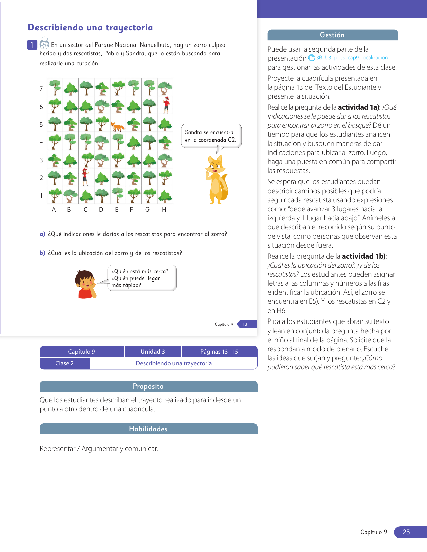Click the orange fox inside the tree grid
(118, 127)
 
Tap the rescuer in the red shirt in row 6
(166, 105)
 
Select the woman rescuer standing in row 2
(85, 177)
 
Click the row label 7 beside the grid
(41, 89)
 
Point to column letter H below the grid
(164, 210)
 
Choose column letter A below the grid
(54, 210)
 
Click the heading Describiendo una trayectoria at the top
(90, 27)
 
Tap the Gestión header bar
(332, 35)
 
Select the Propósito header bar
(148, 386)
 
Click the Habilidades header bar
(148, 429)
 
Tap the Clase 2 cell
(65, 363)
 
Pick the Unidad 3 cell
(153, 352)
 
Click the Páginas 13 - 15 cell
(219, 352)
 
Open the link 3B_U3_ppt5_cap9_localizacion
(352, 58)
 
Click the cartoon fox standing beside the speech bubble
(217, 180)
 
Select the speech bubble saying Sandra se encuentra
(211, 136)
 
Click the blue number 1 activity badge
(32, 45)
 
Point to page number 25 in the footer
(406, 532)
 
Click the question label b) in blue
(42, 253)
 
